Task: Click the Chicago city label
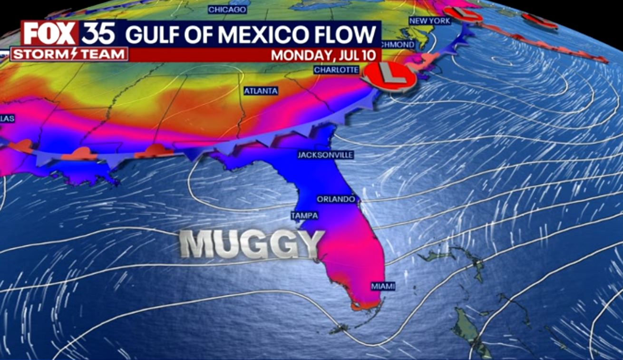pyautogui.click(x=227, y=10)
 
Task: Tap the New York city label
pyautogui.click(x=429, y=21)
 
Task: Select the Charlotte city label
pyautogui.click(x=336, y=70)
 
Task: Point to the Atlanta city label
pyautogui.click(x=261, y=90)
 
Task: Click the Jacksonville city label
pyautogui.click(x=326, y=155)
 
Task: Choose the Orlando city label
pyautogui.click(x=336, y=199)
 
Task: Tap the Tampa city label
pyautogui.click(x=304, y=216)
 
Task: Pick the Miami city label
pyautogui.click(x=383, y=286)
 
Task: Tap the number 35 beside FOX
pyautogui.click(x=98, y=34)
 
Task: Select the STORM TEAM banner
pyautogui.click(x=69, y=54)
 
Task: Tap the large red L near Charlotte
pyautogui.click(x=389, y=75)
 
